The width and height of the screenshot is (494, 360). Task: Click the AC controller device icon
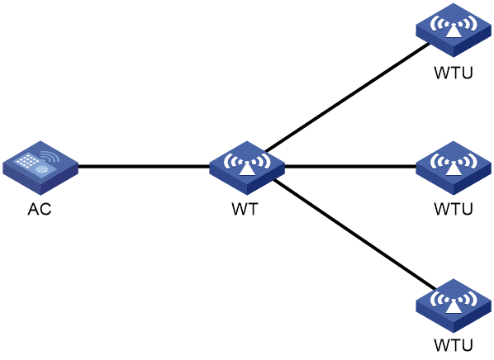pos(40,168)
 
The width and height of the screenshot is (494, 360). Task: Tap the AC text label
pos(40,209)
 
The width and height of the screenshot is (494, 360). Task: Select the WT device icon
pos(247,168)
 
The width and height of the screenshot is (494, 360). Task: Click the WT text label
pos(245,209)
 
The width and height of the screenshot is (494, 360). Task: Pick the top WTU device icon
pos(454,31)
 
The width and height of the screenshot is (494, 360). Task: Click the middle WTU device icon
pos(454,168)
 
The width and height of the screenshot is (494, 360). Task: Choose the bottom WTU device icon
pos(454,306)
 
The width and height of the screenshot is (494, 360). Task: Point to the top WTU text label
pos(454,73)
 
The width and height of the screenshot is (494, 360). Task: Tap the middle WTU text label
pos(454,209)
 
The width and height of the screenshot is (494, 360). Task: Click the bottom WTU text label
pos(454,345)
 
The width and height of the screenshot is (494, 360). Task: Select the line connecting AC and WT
pos(144,166)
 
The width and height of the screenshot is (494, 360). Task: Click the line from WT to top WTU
pos(347,97)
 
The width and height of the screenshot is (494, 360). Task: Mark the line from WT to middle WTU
pos(350,166)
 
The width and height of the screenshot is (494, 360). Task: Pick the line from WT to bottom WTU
pos(354,234)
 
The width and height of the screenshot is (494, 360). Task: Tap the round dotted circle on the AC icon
pos(41,169)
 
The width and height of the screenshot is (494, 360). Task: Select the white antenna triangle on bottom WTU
pos(454,306)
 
